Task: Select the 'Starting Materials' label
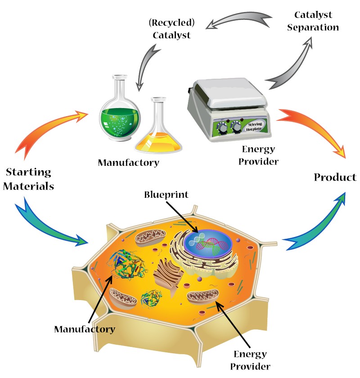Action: (29, 179)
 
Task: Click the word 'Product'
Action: (335, 177)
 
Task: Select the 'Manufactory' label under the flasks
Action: (128, 163)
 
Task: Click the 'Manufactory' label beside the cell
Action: (85, 329)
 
